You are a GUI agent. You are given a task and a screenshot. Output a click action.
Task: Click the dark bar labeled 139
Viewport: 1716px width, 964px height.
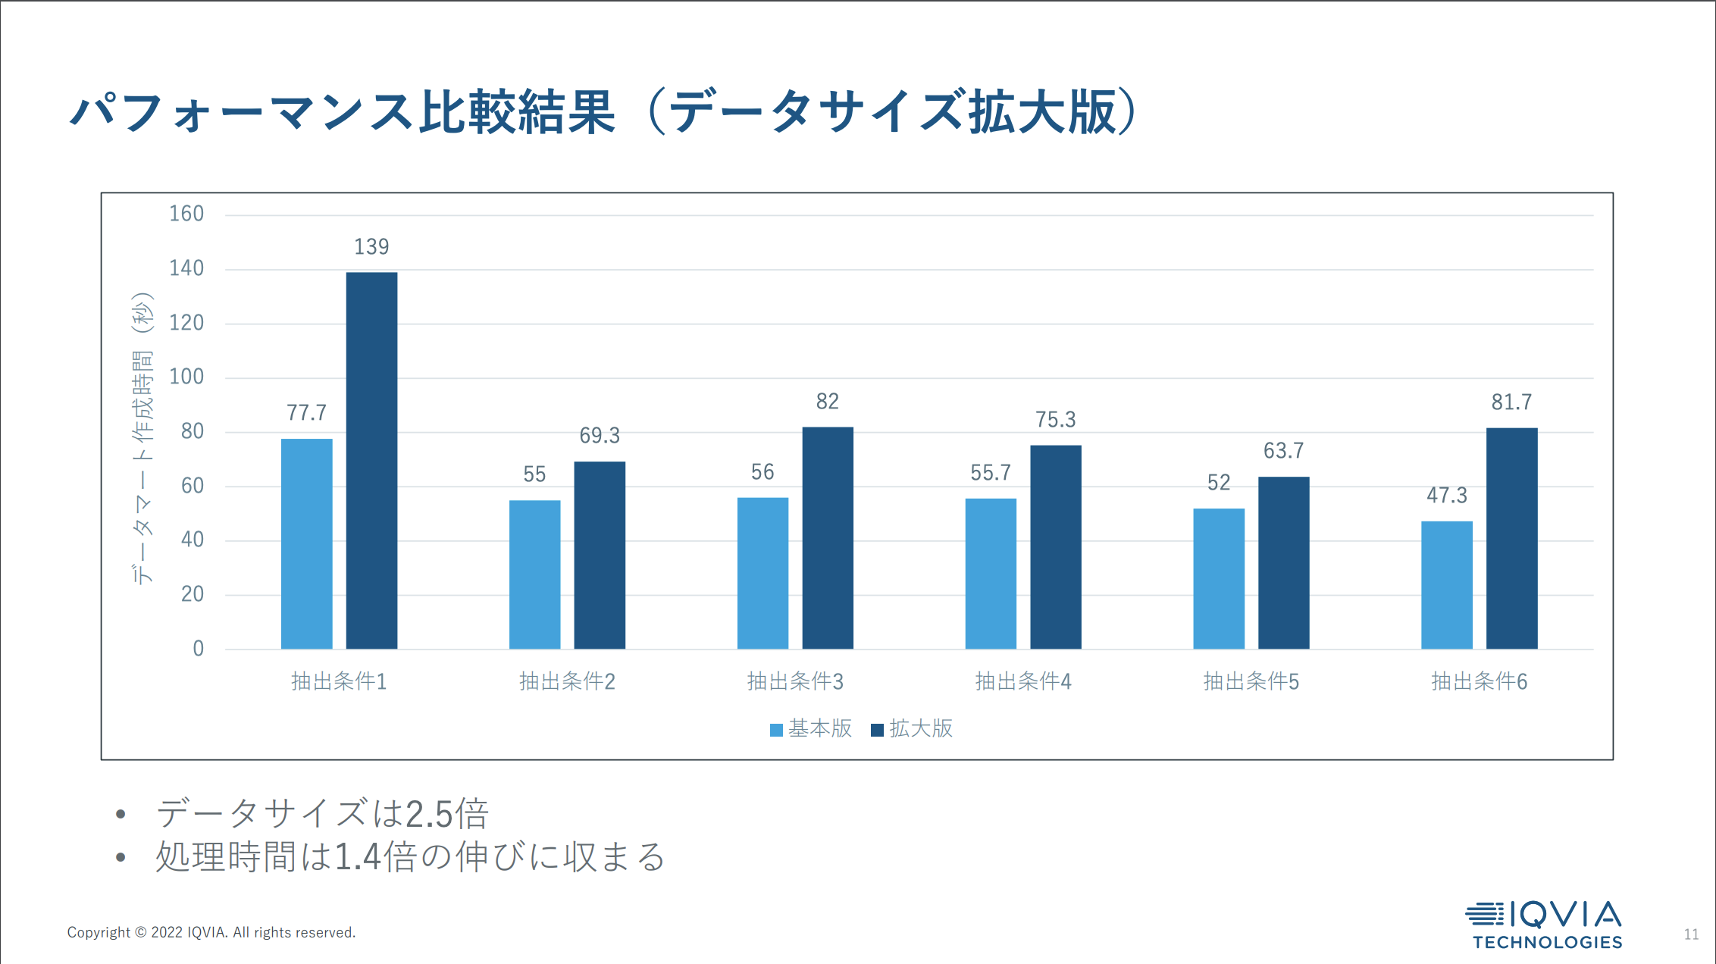371,460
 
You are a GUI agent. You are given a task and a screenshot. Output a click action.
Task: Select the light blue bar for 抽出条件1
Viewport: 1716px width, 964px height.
306,543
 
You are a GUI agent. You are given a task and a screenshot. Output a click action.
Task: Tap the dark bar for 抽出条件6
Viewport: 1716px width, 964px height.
1511,538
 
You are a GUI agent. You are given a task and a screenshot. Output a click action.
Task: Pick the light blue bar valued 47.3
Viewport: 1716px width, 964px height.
1446,584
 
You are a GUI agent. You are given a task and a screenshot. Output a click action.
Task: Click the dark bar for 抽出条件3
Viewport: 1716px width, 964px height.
828,537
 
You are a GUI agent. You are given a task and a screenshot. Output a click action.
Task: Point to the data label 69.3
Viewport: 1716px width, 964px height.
600,436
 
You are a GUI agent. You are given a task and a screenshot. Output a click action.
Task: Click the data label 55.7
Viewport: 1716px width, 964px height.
991,473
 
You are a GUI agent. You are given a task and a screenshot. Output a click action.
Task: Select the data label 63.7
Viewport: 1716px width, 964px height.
1283,451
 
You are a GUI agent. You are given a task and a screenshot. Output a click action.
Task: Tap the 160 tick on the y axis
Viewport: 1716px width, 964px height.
186,214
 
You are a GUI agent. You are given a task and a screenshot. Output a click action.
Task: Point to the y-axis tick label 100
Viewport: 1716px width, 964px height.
186,377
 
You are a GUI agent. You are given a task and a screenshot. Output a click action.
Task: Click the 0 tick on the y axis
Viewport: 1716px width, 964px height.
198,649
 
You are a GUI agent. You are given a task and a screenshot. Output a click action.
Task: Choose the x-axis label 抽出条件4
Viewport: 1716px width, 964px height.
1023,681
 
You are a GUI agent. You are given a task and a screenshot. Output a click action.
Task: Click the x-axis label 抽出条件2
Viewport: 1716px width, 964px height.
567,681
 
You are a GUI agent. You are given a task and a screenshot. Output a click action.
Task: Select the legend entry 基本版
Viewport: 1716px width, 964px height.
812,728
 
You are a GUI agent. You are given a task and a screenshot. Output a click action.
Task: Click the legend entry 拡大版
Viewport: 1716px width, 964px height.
913,728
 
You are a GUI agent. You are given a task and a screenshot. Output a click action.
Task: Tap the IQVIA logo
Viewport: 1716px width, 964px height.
1544,924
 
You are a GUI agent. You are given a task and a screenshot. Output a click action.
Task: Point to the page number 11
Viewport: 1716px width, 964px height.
1691,934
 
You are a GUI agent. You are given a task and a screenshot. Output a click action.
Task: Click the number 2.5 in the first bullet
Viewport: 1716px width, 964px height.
430,815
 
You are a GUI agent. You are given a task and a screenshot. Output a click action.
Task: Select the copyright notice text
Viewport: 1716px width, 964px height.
211,932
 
